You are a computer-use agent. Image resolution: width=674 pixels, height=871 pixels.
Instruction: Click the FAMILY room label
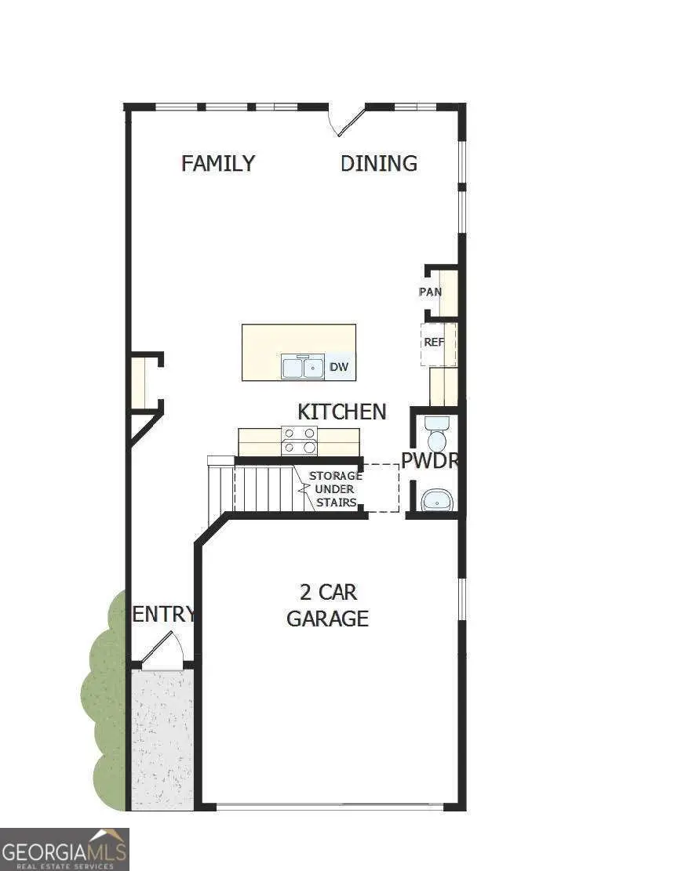(218, 163)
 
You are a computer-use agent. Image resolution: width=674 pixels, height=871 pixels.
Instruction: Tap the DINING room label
(378, 163)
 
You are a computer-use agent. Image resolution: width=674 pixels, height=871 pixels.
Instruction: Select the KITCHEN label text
(341, 412)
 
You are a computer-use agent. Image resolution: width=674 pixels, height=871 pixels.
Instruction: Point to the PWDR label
(429, 461)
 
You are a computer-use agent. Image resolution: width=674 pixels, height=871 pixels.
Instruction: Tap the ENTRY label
(163, 614)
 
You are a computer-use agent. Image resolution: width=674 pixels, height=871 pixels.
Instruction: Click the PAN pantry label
(430, 292)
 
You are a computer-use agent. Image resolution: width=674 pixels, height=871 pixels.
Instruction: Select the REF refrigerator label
(434, 342)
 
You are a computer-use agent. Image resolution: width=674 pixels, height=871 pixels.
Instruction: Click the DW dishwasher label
(338, 366)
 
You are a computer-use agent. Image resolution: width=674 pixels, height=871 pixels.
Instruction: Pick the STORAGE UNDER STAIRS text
(335, 489)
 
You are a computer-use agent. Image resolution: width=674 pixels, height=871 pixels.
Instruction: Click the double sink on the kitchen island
(303, 366)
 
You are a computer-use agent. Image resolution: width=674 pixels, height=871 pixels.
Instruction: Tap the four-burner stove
(299, 440)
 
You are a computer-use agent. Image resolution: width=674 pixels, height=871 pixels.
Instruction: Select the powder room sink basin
(436, 499)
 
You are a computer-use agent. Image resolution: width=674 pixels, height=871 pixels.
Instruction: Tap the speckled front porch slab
(161, 737)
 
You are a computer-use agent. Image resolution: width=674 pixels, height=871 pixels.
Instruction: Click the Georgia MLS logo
(64, 849)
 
